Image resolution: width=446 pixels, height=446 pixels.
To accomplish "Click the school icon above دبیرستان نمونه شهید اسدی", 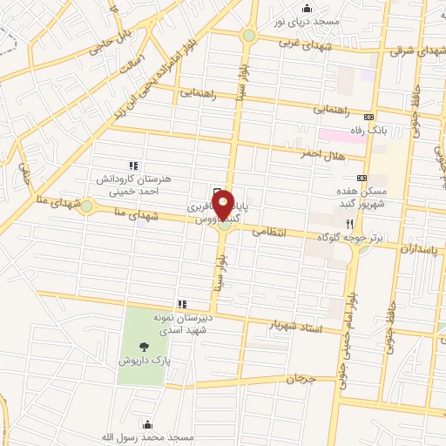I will click(x=182, y=304).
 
